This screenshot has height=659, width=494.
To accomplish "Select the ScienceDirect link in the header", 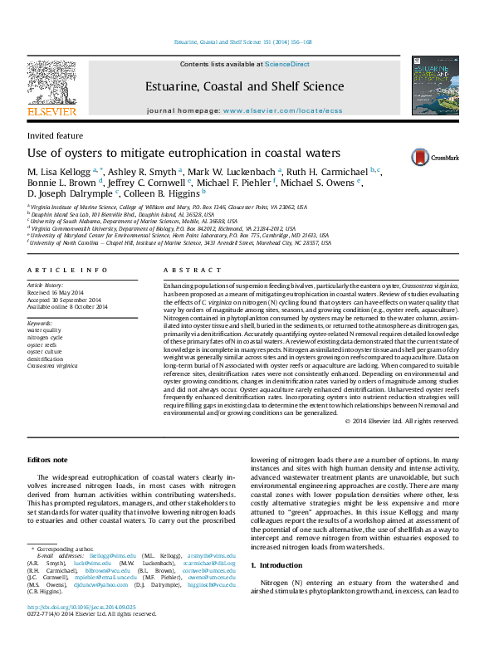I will click(x=287, y=64).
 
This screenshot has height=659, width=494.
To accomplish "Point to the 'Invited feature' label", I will click(x=55, y=135).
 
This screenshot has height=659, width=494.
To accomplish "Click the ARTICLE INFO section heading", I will click(x=67, y=271).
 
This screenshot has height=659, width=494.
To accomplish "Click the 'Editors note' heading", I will click(x=47, y=459).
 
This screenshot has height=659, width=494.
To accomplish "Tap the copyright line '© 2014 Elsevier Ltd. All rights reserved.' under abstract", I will click(x=402, y=421).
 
